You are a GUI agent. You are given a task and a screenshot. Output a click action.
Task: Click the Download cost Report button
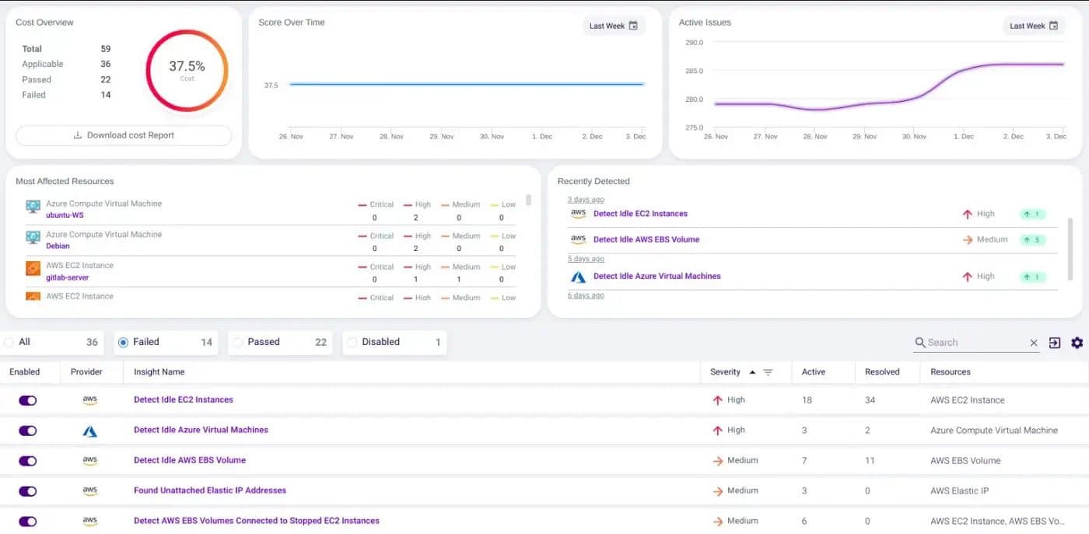[124, 135]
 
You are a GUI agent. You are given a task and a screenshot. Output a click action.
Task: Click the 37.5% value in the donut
[187, 67]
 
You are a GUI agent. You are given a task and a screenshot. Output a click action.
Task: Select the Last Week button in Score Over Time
[613, 26]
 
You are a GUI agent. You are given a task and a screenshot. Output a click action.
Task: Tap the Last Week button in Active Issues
[1033, 26]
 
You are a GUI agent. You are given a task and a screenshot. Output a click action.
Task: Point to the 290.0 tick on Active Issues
[693, 43]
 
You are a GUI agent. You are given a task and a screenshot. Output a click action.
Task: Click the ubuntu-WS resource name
[65, 215]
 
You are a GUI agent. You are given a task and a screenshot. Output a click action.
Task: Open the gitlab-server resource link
[68, 277]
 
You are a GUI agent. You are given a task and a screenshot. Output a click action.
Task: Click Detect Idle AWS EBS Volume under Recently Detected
[646, 239]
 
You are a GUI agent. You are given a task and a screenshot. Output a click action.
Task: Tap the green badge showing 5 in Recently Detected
[1032, 240]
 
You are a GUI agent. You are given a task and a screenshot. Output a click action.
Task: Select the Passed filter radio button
[238, 342]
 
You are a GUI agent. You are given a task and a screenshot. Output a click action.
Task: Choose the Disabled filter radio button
[352, 342]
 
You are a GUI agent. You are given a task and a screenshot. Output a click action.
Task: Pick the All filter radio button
[9, 342]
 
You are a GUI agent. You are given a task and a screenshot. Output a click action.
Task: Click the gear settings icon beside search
[1077, 343]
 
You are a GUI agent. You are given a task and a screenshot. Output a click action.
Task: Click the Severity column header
[725, 372]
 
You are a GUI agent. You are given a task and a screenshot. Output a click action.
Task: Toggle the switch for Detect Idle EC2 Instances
[28, 400]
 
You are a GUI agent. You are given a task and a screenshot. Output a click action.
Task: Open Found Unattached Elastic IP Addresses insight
[210, 490]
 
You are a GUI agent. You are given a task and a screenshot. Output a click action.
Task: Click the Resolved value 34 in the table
[870, 400]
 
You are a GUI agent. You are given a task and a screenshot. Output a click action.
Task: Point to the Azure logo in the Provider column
[90, 431]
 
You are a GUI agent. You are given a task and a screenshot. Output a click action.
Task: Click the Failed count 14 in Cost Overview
[106, 95]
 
